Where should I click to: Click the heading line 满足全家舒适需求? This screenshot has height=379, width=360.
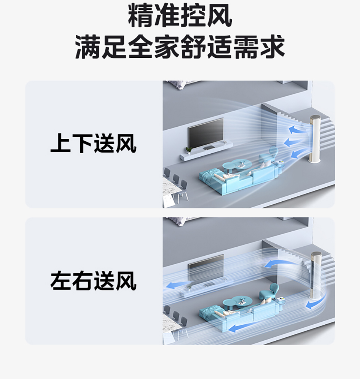180,47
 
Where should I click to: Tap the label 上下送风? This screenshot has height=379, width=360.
93,143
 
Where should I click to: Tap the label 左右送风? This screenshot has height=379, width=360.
93,281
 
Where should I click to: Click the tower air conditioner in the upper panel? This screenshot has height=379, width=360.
315,139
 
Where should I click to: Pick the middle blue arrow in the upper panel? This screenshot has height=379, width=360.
292,142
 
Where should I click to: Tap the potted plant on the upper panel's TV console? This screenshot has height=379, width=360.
189,150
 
